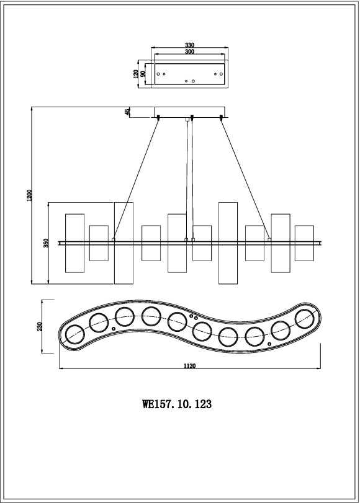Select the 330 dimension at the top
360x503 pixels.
pyautogui.click(x=190, y=45)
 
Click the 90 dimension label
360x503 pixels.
pyautogui.click(x=143, y=73)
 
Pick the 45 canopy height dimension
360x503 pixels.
pyautogui.click(x=128, y=112)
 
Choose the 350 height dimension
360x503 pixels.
pyautogui.click(x=46, y=243)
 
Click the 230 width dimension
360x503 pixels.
pyautogui.click(x=40, y=326)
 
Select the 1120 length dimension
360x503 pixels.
pyautogui.click(x=190, y=367)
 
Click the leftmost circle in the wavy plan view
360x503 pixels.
pyautogui.click(x=75, y=334)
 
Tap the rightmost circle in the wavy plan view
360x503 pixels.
pyautogui.click(x=305, y=318)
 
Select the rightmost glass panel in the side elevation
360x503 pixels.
pyautogui.click(x=304, y=243)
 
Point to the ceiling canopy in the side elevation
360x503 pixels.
pyautogui.click(x=190, y=112)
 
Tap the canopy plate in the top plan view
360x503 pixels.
pyautogui.click(x=190, y=74)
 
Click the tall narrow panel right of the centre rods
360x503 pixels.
pyautogui.click(x=228, y=242)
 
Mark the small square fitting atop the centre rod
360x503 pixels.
pyautogui.click(x=187, y=119)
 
